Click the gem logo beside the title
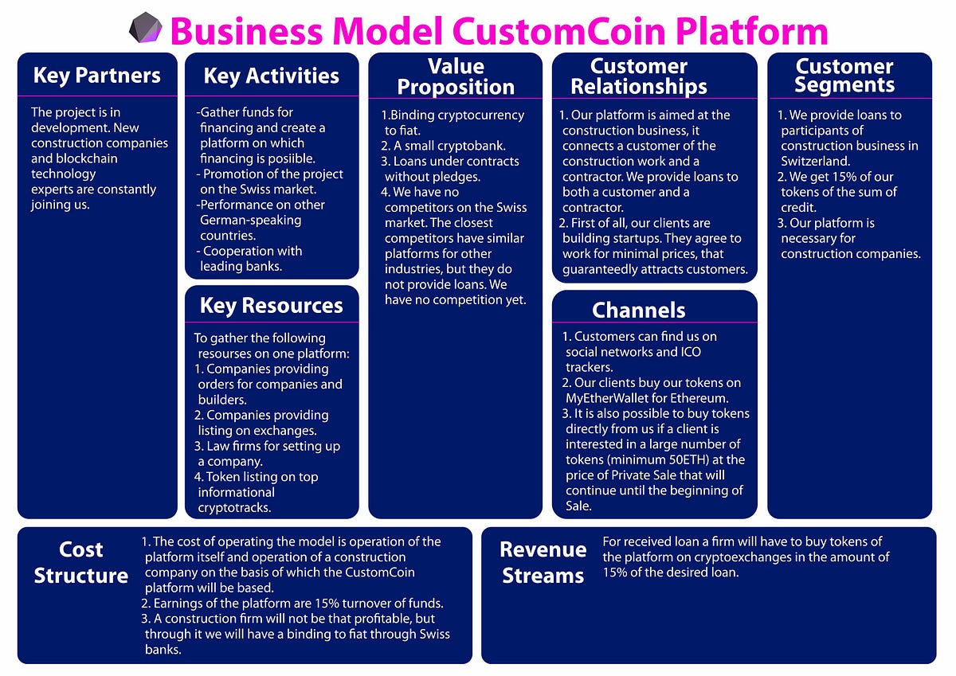pyautogui.click(x=146, y=28)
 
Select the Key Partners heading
pyautogui.click(x=96, y=76)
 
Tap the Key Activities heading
pyautogui.click(x=271, y=76)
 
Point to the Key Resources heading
pyautogui.click(x=271, y=306)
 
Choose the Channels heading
pyautogui.click(x=638, y=310)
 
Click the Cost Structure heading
pyautogui.click(x=81, y=563)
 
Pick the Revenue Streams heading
pyautogui.click(x=543, y=563)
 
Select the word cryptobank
pyautogui.click(x=468, y=146)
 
